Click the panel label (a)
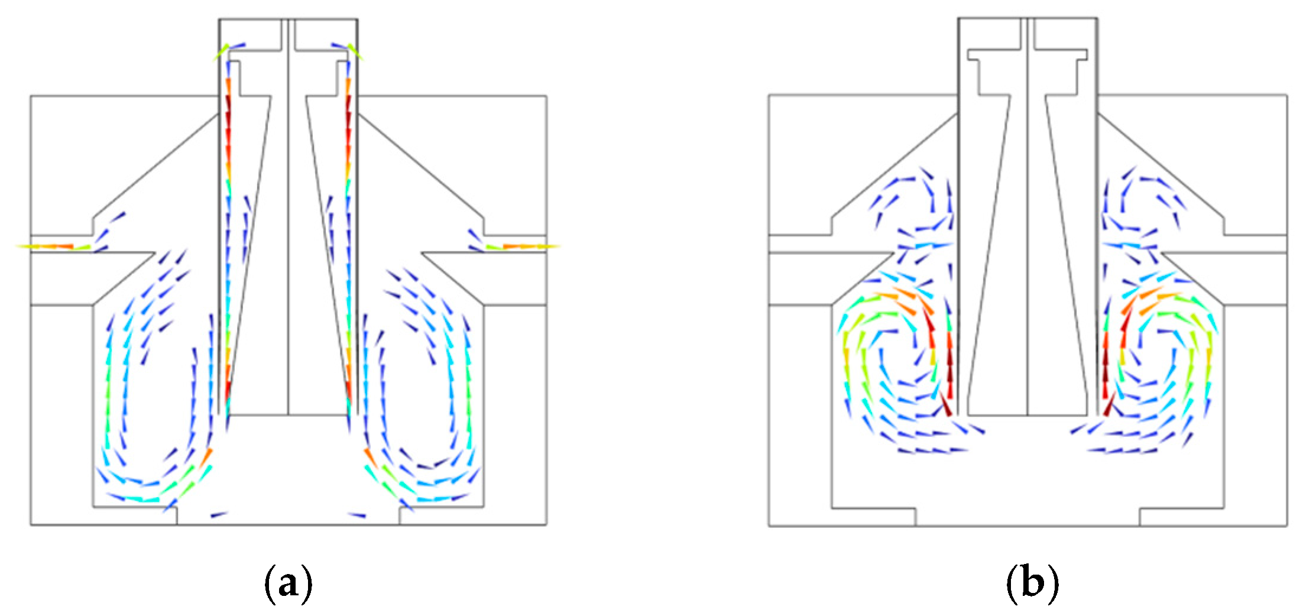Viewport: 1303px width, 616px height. pos(287,583)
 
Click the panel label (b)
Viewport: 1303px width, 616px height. pos(1032,583)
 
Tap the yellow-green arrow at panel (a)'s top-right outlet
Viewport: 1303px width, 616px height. pos(355,52)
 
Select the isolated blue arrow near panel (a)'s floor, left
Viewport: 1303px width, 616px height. pos(219,515)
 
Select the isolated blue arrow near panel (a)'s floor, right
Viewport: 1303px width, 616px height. pos(357,515)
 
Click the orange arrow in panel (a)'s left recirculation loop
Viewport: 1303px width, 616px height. pos(206,457)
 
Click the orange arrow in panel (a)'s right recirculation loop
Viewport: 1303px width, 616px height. pos(370,457)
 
